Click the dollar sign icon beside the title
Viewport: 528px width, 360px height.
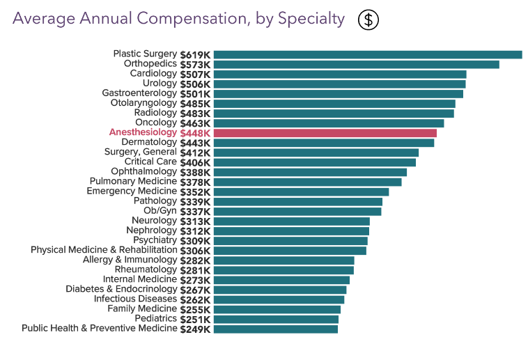click(x=368, y=20)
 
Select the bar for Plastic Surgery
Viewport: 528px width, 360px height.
click(x=368, y=54)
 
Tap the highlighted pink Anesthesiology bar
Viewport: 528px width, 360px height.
click(x=325, y=132)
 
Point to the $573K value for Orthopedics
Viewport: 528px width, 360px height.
click(x=195, y=64)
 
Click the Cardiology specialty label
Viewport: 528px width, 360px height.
click(x=153, y=74)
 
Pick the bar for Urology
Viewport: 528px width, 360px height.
click(x=339, y=84)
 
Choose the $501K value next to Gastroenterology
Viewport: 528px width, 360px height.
click(x=195, y=93)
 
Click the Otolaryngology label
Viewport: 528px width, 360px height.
click(x=143, y=103)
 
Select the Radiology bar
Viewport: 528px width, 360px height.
click(x=334, y=113)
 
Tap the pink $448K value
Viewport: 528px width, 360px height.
click(x=195, y=132)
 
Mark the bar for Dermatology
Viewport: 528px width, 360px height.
click(x=324, y=142)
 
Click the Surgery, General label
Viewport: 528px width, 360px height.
click(x=141, y=152)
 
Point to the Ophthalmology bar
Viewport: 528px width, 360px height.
click(x=310, y=171)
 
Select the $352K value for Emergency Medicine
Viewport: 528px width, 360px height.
click(x=195, y=191)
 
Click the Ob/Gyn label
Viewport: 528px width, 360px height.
click(x=160, y=211)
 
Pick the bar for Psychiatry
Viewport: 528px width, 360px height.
click(x=290, y=240)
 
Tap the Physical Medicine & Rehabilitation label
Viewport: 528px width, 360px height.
click(x=104, y=250)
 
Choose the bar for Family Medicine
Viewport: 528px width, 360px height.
click(x=277, y=308)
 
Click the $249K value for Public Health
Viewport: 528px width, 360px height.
click(x=195, y=329)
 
